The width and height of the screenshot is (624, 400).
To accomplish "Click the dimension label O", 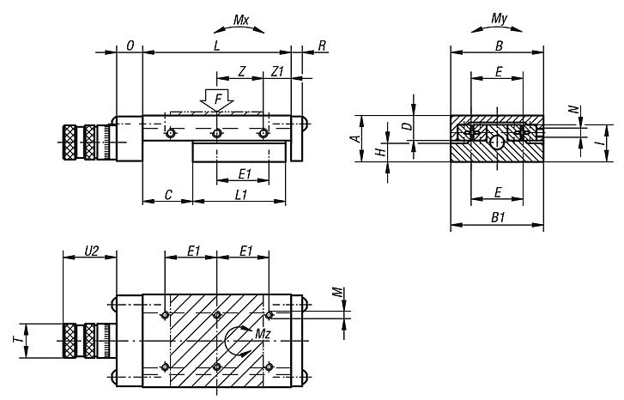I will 129,45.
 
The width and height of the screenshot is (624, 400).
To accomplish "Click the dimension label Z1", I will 277,72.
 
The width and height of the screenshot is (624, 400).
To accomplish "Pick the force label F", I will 218,101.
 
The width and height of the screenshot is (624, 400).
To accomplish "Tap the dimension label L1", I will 241,196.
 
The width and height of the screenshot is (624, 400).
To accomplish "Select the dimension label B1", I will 497,220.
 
